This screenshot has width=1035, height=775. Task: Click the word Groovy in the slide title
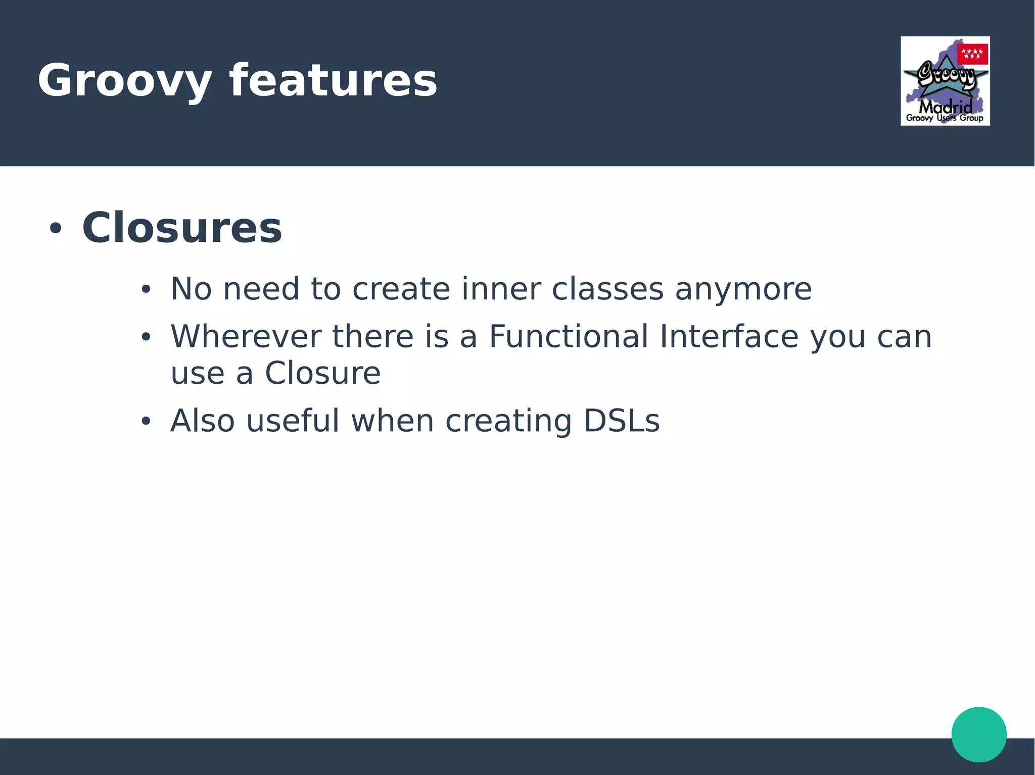[x=124, y=81]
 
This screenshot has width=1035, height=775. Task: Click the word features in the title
[x=333, y=81]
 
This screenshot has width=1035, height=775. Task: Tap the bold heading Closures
[x=182, y=228]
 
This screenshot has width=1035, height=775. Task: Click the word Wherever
[x=246, y=336]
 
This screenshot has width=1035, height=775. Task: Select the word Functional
[x=569, y=336]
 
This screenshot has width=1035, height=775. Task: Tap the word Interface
[x=729, y=336]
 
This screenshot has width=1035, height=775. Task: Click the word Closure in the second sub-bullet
[x=322, y=373]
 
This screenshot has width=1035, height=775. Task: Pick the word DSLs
[x=622, y=421]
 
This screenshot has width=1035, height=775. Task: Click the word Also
[x=202, y=421]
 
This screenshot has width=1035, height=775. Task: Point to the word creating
[x=508, y=422]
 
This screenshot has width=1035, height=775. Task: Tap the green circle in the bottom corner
[x=978, y=734]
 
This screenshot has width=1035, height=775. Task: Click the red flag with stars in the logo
[x=972, y=54]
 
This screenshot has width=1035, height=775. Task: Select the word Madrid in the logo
[x=945, y=107]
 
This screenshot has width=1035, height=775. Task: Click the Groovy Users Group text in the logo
[x=945, y=118]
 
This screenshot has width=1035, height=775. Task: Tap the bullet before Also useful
[x=146, y=421]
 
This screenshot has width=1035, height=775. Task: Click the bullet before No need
[x=146, y=290]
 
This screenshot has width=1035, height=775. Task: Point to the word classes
[x=607, y=289]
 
